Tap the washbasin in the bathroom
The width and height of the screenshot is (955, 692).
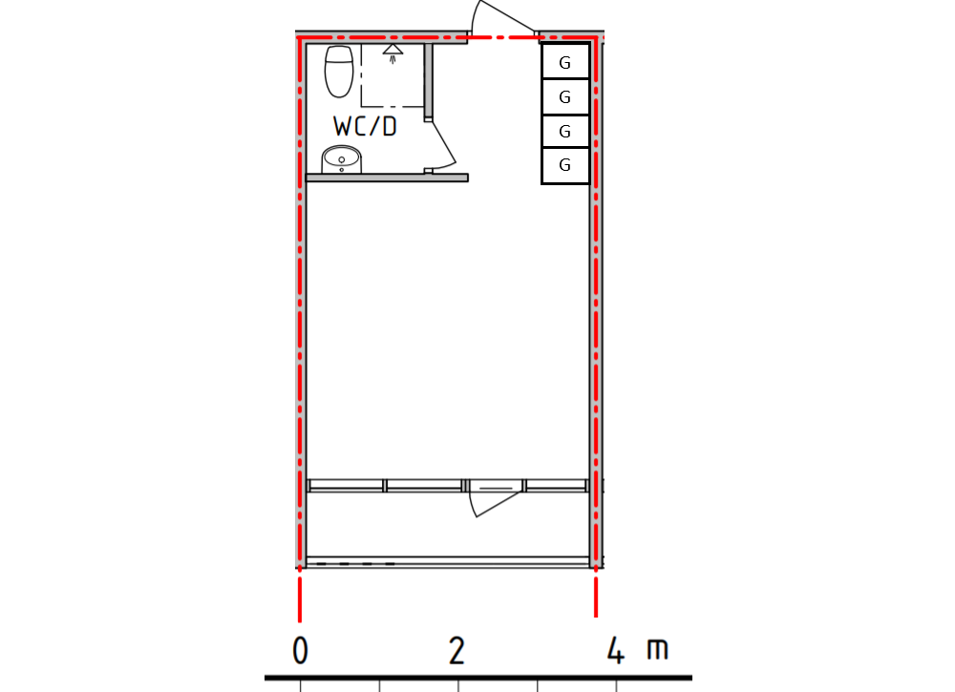click(340, 159)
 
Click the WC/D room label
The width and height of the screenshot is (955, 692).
click(365, 126)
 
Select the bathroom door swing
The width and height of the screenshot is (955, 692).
click(444, 143)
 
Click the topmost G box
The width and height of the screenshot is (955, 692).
click(564, 63)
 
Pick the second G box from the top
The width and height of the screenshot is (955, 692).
click(564, 96)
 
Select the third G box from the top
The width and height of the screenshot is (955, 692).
click(564, 131)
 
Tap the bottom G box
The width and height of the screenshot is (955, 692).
click(564, 165)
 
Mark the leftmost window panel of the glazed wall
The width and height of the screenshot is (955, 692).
click(346, 486)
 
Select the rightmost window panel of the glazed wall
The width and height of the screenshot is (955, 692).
click(555, 486)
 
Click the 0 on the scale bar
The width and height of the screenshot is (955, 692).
click(300, 651)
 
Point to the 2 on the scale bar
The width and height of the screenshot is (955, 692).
click(457, 651)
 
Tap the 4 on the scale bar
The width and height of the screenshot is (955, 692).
click(616, 651)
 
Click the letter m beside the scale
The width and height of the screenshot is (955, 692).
click(657, 651)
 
